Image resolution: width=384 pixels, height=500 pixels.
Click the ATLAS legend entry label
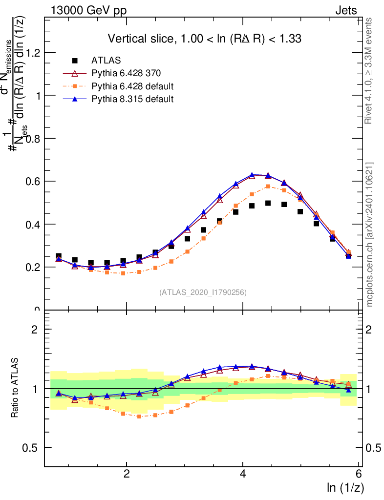pyautogui.click(x=107, y=61)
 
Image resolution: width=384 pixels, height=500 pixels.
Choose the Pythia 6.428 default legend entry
pyautogui.click(x=132, y=86)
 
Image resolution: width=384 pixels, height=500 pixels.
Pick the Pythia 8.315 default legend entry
pyautogui.click(x=132, y=99)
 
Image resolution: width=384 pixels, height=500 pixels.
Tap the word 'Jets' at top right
pyautogui.click(x=346, y=10)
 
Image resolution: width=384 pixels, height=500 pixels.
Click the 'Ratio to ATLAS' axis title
pyautogui.click(x=16, y=388)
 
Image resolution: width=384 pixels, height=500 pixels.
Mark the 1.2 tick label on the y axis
pyautogui.click(x=31, y=53)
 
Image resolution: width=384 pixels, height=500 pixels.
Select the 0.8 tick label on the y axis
pyautogui.click(x=31, y=139)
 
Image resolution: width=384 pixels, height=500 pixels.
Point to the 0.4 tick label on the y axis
pyautogui.click(x=31, y=225)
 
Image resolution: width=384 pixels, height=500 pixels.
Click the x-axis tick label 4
pyautogui.click(x=243, y=474)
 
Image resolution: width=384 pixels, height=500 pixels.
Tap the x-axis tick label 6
pyautogui.click(x=359, y=474)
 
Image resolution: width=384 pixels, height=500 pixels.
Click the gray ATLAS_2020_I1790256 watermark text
pyautogui.click(x=203, y=293)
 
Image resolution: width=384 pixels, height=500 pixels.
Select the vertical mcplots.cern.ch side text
pyautogui.click(x=370, y=234)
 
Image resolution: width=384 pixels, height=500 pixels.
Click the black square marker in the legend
pyautogui.click(x=75, y=61)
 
